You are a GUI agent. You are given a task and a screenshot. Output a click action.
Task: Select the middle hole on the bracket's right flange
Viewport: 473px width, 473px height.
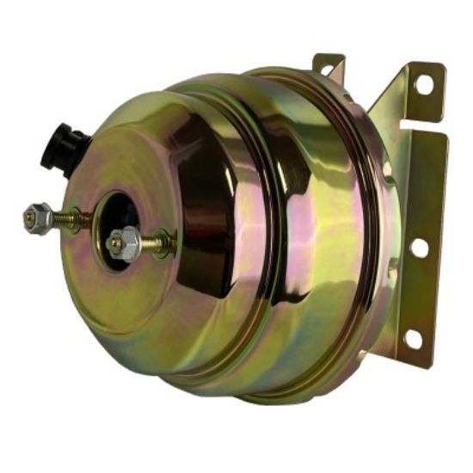(x=420, y=248)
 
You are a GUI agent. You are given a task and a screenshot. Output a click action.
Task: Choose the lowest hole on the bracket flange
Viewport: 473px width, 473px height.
(x=413, y=338)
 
